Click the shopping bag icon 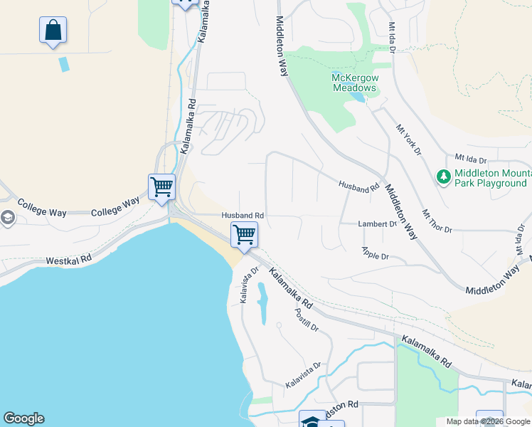pyautogui.click(x=53, y=30)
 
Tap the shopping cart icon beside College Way pyautogui.click(x=162, y=187)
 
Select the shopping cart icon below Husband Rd pyautogui.click(x=244, y=235)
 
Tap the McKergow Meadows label pyautogui.click(x=354, y=83)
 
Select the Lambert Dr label pyautogui.click(x=377, y=223)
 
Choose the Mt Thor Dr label pyautogui.click(x=437, y=221)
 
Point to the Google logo pyautogui.click(x=23, y=418)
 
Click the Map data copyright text pyautogui.click(x=488, y=421)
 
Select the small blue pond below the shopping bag pyautogui.click(x=65, y=64)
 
